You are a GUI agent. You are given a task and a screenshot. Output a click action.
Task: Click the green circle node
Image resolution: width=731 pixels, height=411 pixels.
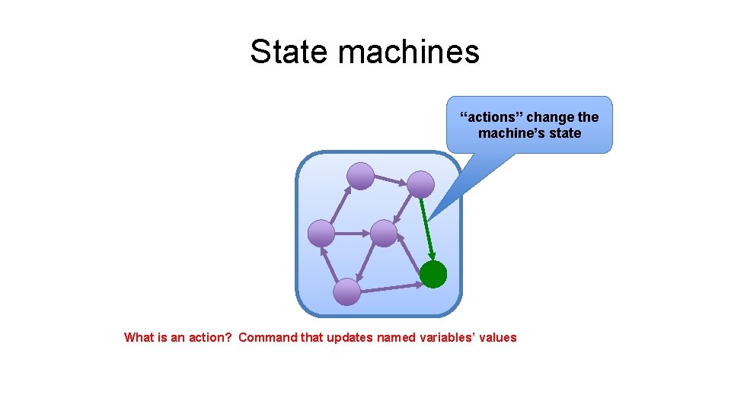click(x=433, y=274)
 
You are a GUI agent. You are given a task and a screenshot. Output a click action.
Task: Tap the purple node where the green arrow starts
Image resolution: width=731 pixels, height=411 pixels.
click(x=420, y=184)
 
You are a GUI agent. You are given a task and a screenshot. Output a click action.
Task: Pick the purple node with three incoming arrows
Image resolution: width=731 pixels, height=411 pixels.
click(x=321, y=232)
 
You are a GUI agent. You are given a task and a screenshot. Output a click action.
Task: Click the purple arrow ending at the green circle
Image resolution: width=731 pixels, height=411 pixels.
click(x=391, y=288)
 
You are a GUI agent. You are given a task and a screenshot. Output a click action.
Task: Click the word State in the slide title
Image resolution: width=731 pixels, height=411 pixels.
click(x=289, y=52)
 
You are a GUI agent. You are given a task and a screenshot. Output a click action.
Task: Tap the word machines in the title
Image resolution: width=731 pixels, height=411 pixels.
click(x=408, y=52)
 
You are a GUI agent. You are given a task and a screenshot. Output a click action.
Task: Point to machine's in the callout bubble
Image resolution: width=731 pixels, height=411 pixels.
click(x=506, y=133)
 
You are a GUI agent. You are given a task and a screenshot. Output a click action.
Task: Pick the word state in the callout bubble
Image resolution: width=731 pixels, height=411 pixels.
click(x=564, y=133)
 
